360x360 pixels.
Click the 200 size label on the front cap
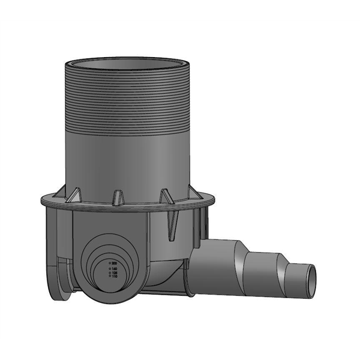(x=114, y=264)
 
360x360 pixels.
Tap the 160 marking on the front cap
(x=114, y=269)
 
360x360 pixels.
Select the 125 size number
(x=114, y=273)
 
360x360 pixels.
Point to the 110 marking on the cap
(x=114, y=277)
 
